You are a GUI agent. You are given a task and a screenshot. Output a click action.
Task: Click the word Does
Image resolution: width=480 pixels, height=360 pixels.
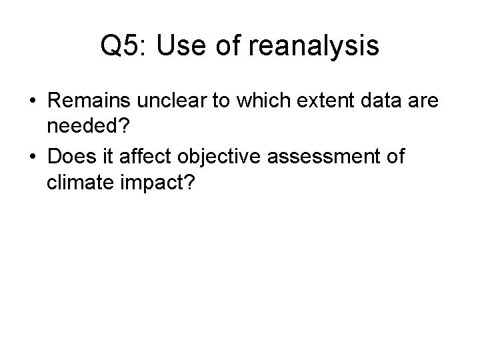(x=69, y=159)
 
